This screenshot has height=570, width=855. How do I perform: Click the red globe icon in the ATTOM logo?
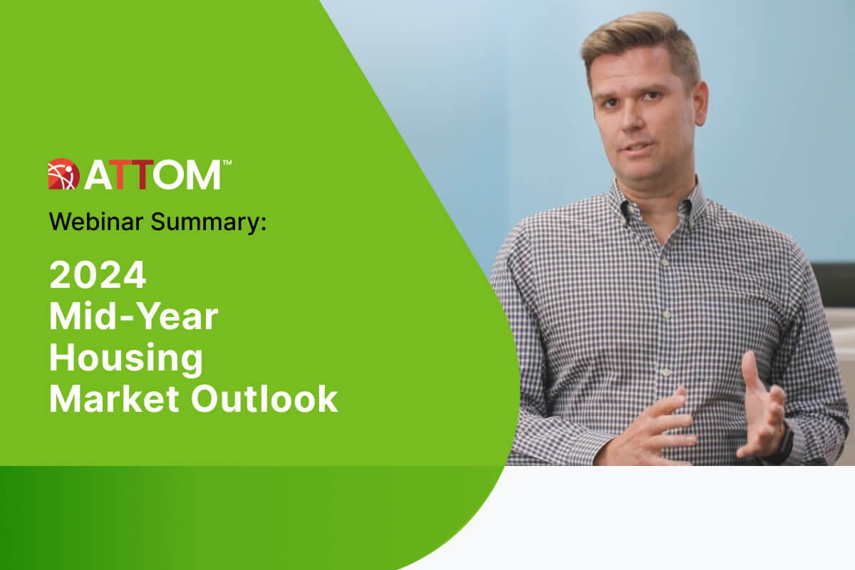(63, 174)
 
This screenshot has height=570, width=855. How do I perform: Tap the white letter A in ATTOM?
(99, 175)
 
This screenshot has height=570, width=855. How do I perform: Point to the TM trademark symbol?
(227, 162)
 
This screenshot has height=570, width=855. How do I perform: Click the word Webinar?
(95, 222)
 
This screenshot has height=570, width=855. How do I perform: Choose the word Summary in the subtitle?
(205, 223)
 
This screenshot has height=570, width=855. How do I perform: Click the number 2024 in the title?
(98, 275)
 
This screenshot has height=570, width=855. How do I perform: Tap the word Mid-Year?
(134, 316)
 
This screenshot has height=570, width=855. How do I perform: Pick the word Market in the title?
(114, 399)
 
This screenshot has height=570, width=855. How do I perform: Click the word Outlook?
(264, 399)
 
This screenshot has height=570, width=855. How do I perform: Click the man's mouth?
(638, 147)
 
